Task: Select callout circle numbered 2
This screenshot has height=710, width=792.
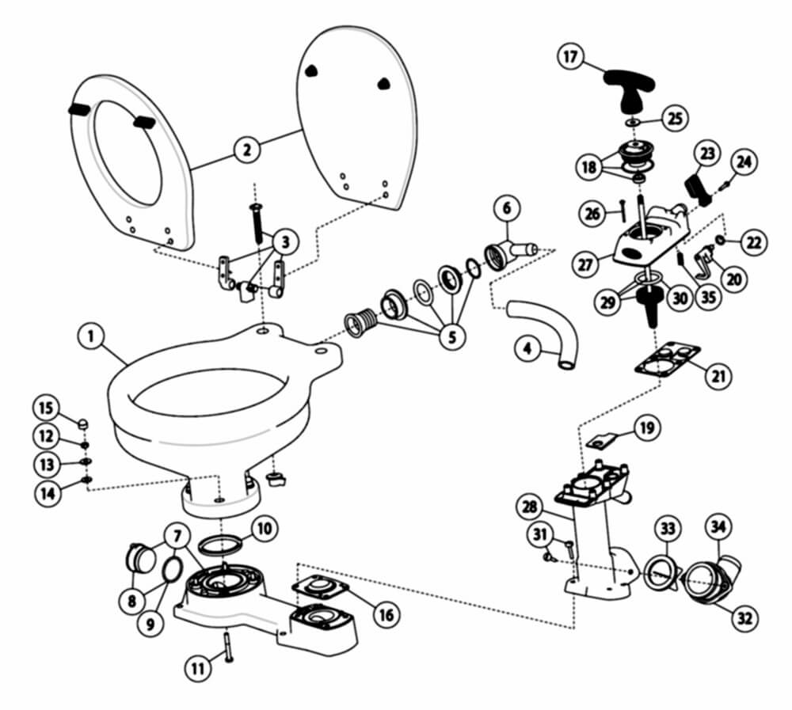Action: [x=247, y=149]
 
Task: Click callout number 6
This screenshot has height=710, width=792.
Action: [x=507, y=210]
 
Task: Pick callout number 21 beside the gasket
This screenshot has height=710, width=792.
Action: [x=718, y=377]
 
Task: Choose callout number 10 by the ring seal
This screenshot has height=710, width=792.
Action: [x=265, y=527]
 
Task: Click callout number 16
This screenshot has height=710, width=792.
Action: [x=385, y=613]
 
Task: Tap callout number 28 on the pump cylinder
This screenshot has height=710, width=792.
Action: [x=530, y=505]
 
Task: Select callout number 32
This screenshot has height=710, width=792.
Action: [x=744, y=617]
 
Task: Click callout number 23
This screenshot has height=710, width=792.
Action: [x=707, y=154]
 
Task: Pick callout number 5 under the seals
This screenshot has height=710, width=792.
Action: [x=451, y=336]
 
